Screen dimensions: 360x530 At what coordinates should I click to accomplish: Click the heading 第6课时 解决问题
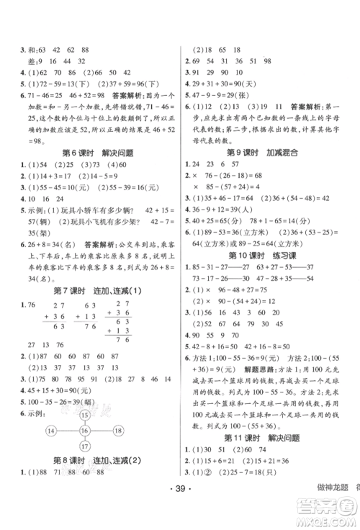89,153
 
